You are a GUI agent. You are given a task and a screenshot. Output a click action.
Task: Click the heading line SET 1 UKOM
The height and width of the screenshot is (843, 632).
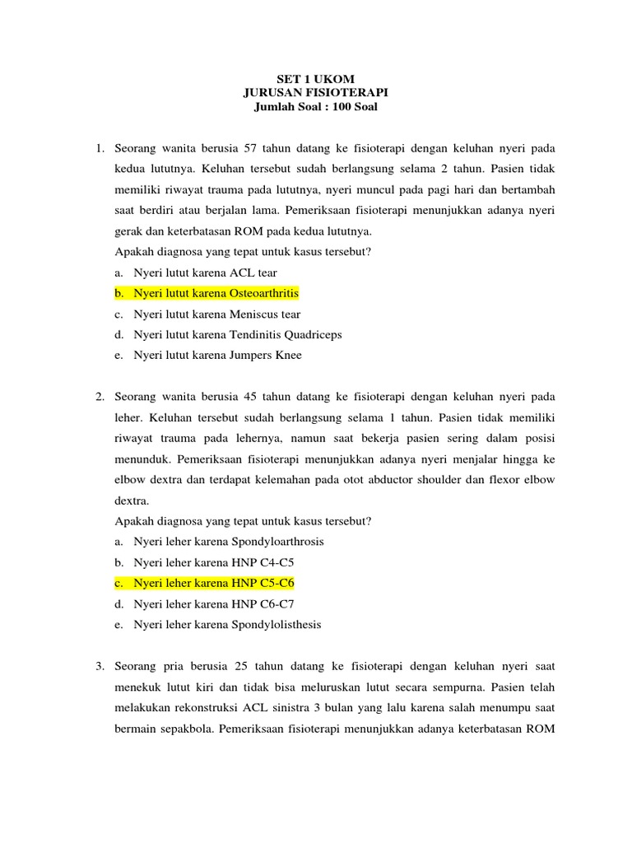(x=317, y=80)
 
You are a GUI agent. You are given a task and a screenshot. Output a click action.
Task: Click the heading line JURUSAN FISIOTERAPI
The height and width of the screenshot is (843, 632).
(x=317, y=94)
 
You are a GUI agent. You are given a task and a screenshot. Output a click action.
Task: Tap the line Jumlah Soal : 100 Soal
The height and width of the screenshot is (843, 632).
(x=317, y=108)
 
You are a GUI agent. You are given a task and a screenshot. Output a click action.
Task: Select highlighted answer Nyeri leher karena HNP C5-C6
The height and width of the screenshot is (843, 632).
(x=214, y=583)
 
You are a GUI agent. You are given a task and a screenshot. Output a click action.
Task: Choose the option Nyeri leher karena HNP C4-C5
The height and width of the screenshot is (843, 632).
(x=214, y=562)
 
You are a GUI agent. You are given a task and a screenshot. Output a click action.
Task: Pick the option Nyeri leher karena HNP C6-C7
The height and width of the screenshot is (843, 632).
(x=214, y=603)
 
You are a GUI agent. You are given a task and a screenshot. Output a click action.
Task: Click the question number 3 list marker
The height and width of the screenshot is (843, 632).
(x=98, y=665)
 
